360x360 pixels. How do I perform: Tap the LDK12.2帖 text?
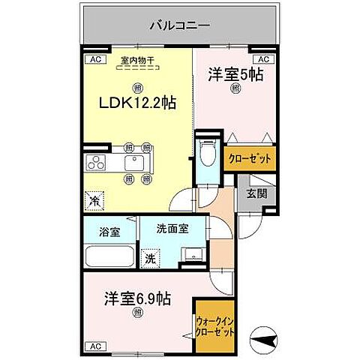[138, 103]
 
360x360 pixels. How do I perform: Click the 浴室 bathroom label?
[109, 232]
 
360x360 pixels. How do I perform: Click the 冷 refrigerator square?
[95, 201]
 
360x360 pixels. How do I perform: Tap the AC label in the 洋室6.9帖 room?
[95, 346]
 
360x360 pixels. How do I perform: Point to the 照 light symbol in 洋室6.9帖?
[137, 313]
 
